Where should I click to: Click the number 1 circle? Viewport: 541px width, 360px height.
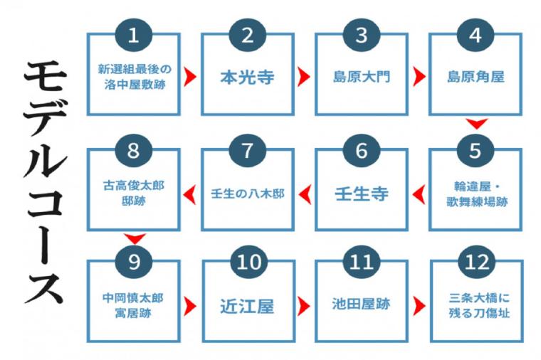click(134, 35)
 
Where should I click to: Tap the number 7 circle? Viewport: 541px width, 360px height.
click(248, 150)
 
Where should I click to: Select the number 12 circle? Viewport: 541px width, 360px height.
click(476, 262)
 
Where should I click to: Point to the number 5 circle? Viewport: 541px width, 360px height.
click(475, 150)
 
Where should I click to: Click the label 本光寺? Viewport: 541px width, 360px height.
click(248, 77)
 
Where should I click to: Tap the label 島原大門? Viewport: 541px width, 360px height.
click(361, 77)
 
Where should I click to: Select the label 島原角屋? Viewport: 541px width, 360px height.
click(476, 77)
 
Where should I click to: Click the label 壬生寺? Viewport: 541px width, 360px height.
click(361, 194)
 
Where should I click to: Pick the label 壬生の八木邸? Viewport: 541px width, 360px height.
click(248, 194)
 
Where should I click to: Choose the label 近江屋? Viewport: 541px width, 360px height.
click(248, 306)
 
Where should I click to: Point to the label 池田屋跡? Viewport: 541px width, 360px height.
click(361, 304)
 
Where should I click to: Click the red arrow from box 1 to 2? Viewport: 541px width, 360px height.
click(189, 77)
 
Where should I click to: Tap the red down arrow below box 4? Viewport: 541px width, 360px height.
click(476, 124)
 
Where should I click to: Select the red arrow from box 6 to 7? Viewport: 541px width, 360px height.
click(305, 194)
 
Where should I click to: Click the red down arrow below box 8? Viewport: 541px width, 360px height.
click(135, 238)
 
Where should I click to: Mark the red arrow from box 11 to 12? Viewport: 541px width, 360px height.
click(419, 306)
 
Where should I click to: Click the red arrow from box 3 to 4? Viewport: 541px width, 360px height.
click(419, 77)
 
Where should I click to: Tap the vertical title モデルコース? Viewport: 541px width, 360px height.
click(45, 183)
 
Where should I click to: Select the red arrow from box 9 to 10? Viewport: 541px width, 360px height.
click(190, 306)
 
